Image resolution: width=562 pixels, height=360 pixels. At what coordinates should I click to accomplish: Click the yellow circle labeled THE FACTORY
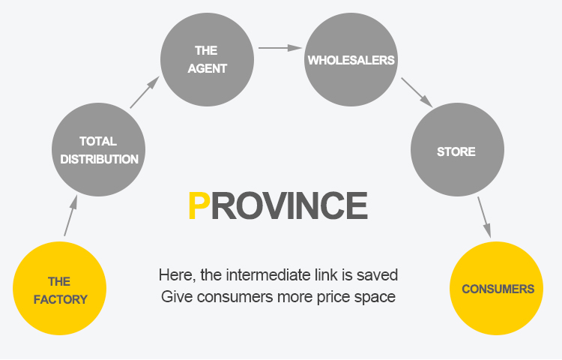click(60, 290)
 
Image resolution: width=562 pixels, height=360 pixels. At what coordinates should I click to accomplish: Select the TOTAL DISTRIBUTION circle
click(99, 149)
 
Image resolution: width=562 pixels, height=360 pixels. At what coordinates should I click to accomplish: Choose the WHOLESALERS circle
click(351, 60)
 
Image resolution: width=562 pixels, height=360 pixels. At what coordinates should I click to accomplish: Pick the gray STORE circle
click(456, 151)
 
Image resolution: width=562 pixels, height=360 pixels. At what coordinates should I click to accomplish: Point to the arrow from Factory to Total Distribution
click(70, 215)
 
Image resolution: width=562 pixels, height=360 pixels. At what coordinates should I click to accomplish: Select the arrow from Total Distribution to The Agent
click(145, 91)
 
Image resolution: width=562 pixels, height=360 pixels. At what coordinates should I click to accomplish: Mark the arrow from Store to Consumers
click(484, 217)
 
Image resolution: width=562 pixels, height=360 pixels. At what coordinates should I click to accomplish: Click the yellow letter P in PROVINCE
click(198, 205)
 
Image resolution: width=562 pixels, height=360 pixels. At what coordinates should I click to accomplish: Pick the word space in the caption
click(375, 296)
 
